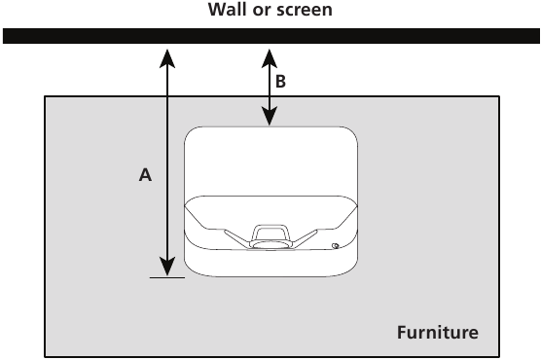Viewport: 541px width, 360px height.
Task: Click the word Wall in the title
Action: [x=227, y=12]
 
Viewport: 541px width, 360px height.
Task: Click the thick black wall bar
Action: [x=270, y=37]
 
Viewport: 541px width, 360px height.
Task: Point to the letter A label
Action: [x=145, y=175]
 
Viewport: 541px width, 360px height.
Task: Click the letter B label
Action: [x=280, y=83]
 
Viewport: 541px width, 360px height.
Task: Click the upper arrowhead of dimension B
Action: [x=270, y=58]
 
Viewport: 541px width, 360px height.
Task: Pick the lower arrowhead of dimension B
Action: [x=270, y=116]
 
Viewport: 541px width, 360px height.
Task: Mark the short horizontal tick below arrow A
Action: [x=166, y=276]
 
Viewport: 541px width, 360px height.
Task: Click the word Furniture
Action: [x=437, y=333]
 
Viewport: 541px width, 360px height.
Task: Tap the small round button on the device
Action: [x=334, y=246]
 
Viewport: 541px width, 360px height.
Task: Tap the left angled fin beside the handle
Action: [x=234, y=237]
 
